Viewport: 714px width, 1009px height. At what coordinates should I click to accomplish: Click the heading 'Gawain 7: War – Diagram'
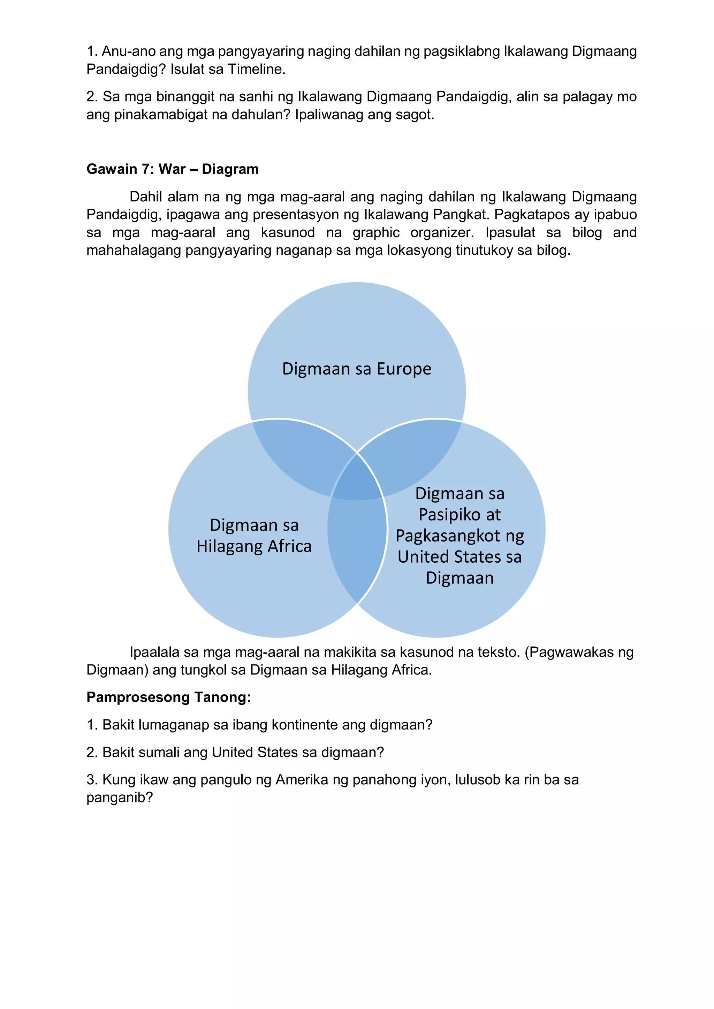pyautogui.click(x=172, y=169)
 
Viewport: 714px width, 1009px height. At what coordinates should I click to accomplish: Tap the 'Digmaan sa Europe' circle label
pyautogui.click(x=357, y=369)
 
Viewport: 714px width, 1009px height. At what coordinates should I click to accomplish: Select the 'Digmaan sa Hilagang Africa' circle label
pyautogui.click(x=254, y=535)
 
